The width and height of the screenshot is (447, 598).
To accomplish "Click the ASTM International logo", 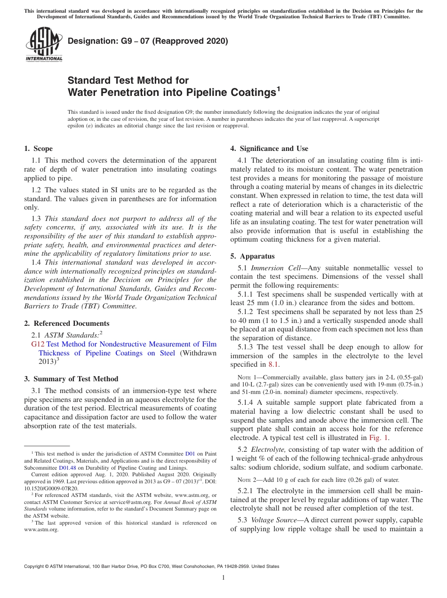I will pos(44,45).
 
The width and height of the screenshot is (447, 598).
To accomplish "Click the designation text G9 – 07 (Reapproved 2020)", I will pos(148,41).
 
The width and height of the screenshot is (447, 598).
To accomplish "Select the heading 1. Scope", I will pos(38,149).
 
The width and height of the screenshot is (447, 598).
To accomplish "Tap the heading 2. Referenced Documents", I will pos(66,323).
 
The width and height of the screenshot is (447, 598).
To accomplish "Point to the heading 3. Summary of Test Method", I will pos(71,379).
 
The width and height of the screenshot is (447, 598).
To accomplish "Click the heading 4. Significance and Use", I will pos(269,149).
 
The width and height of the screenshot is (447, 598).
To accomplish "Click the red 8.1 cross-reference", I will pos(273,364).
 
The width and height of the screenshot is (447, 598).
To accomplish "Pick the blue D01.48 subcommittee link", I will pos(66,468).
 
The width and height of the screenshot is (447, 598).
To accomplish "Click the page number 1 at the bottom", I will pos(223,577).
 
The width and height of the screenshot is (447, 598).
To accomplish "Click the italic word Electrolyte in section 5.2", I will pos(268,449).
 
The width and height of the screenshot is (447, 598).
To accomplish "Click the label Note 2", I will pos(247,480).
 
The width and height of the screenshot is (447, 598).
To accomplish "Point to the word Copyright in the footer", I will pos(36,567).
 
